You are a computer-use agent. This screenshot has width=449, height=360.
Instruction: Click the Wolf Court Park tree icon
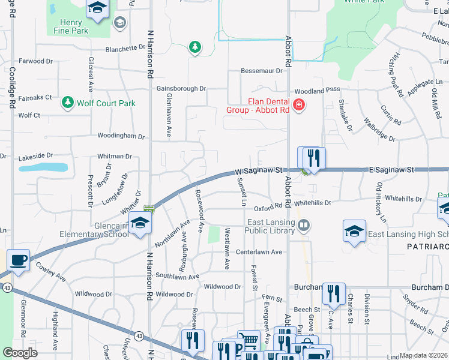point(68,103)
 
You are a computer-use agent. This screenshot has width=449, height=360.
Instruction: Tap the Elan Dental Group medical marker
point(299,106)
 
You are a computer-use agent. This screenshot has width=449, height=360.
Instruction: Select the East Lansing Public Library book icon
point(305,225)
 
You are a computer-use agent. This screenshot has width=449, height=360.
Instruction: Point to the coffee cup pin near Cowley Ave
point(18,260)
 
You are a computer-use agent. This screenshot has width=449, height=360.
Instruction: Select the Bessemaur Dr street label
point(261,71)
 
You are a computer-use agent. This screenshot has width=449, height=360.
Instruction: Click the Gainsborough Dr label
point(181,88)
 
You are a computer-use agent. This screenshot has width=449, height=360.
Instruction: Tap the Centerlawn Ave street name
point(259,252)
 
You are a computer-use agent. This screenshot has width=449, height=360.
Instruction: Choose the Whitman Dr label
point(115,157)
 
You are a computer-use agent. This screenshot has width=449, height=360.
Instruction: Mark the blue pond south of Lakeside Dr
point(43,167)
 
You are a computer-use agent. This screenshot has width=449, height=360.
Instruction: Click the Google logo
point(20,353)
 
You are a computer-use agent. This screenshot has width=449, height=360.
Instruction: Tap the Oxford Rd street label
point(268,208)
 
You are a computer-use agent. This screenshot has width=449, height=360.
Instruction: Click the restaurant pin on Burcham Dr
point(334,293)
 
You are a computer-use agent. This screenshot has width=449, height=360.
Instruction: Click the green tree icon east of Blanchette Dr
point(194,47)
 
